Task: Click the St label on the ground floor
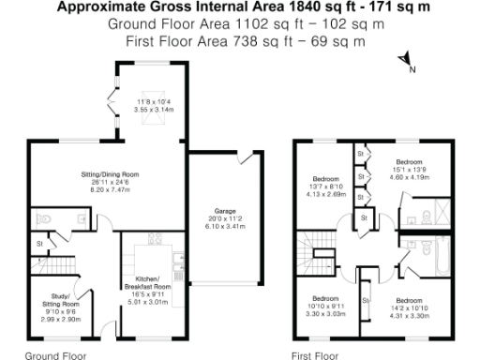(39, 245)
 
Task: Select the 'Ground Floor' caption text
(55, 355)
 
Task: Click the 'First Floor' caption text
(314, 355)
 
